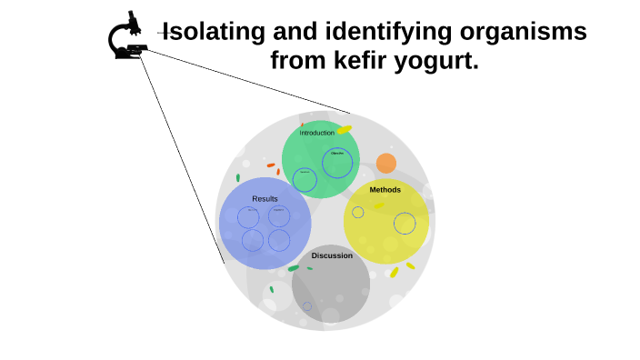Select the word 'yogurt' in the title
(x=433, y=62)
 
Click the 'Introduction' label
(x=317, y=133)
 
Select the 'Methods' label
(x=385, y=190)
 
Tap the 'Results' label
(x=265, y=198)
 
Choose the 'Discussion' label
(x=332, y=255)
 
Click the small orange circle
(x=386, y=164)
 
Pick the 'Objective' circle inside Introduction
(x=337, y=162)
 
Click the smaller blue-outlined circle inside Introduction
(x=305, y=180)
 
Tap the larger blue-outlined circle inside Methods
(x=405, y=224)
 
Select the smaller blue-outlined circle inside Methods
(x=358, y=213)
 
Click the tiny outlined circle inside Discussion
(x=307, y=306)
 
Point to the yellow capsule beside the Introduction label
(x=345, y=130)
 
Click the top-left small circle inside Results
(x=248, y=217)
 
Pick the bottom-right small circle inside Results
(x=279, y=240)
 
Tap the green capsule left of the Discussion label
(x=294, y=268)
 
